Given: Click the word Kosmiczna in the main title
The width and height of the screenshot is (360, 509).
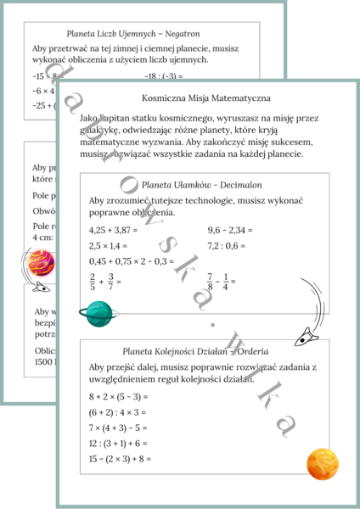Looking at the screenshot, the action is tap(166, 98).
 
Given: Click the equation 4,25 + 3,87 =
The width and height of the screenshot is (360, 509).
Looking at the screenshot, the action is tap(120, 230).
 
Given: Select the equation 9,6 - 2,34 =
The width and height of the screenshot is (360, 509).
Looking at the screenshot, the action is tap(231, 230).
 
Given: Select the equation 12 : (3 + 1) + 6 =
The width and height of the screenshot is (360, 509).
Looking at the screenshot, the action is tap(118, 443).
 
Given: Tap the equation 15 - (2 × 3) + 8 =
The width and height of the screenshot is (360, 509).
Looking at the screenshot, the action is tap(121, 459).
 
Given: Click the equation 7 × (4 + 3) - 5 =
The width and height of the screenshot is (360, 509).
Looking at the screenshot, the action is tap(119, 428).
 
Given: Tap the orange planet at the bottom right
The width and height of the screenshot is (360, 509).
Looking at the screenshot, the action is tap(323, 463).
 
